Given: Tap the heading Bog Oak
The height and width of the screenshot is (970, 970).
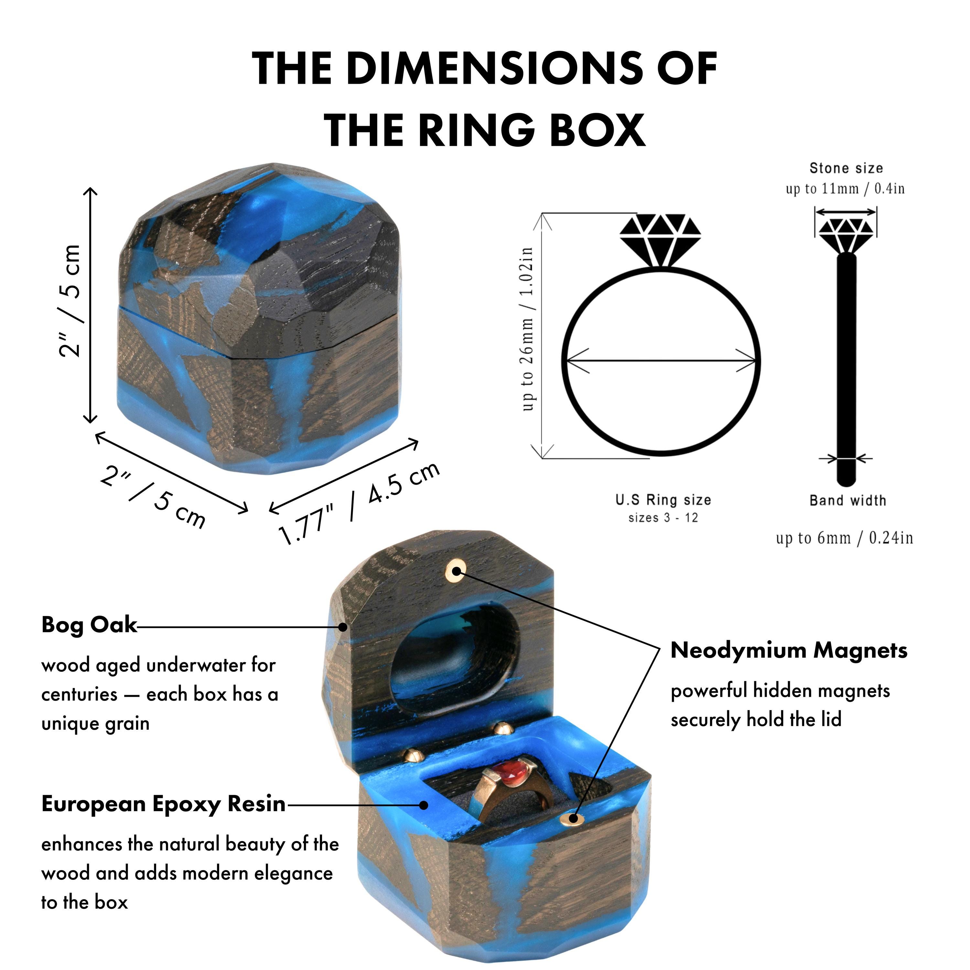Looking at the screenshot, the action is (89, 625).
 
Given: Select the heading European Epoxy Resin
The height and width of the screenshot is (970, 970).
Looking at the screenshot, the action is (163, 805).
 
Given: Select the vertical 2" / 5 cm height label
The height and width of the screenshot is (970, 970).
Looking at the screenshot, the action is (69, 301).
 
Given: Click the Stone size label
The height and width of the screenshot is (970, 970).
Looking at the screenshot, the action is (846, 168).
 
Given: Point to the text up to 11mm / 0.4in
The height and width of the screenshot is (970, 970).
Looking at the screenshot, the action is (846, 189).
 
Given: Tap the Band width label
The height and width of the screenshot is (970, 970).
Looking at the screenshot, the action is (847, 500).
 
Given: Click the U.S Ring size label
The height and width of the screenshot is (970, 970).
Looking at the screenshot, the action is (663, 500).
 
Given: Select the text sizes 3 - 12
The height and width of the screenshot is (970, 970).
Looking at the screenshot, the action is (663, 518).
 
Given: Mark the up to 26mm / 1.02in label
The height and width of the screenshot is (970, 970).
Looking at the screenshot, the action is (527, 329).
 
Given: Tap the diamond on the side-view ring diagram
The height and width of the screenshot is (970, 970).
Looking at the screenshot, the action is (846, 235).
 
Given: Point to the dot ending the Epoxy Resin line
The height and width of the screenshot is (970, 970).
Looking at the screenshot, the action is (424, 805).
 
